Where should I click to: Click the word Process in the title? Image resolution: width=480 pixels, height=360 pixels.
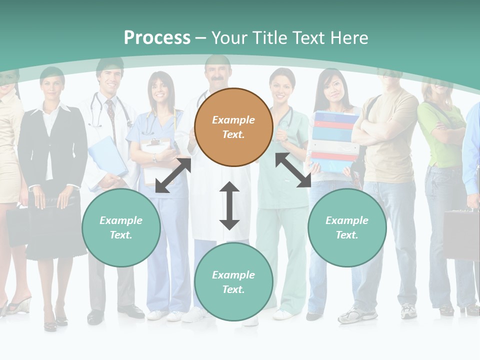[157, 38]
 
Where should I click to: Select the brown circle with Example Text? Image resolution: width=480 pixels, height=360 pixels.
[233, 127]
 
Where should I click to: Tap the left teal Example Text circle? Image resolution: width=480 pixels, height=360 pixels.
[121, 227]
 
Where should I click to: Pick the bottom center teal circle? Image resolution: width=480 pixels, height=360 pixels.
[233, 282]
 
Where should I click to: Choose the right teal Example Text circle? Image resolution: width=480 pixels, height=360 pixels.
[346, 227]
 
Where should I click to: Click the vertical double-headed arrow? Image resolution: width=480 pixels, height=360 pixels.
[229, 206]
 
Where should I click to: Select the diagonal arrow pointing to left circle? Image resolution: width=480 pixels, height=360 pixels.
[173, 175]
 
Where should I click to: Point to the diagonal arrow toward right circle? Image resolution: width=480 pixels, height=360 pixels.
[293, 170]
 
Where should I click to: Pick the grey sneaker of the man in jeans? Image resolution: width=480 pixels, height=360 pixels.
[357, 314]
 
